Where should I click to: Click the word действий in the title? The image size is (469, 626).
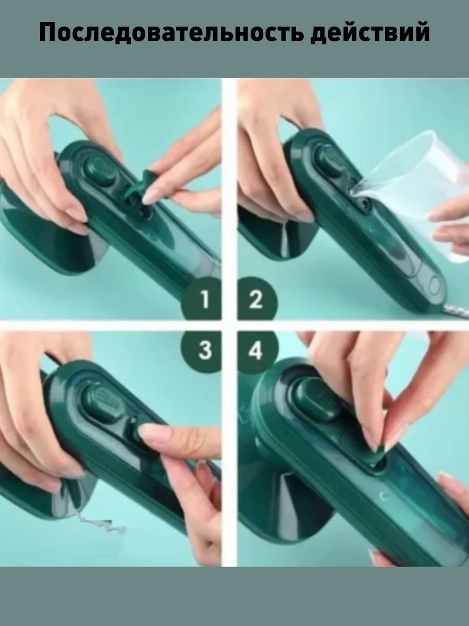coord(370,33)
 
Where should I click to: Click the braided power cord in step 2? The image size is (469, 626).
coord(455,313)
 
